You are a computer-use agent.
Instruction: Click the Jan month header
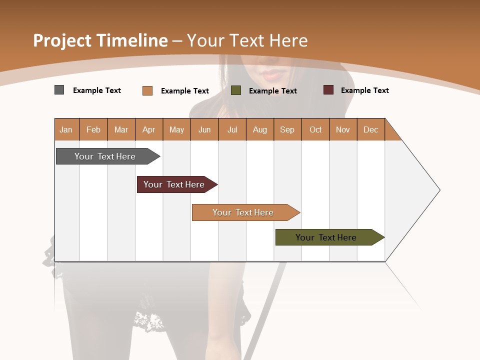66,129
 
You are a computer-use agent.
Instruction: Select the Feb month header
93,129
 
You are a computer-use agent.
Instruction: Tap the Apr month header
148,129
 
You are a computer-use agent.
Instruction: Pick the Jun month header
204,129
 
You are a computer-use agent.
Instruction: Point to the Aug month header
259,129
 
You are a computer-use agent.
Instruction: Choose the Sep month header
287,129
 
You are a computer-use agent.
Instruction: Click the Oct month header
315,129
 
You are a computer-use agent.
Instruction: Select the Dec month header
370,129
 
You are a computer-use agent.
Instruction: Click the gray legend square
59,90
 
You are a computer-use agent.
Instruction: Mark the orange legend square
147,90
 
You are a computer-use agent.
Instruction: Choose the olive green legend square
235,90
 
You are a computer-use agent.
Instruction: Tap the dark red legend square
328,90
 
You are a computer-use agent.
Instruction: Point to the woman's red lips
272,74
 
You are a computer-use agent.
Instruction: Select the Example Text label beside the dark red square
364,90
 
